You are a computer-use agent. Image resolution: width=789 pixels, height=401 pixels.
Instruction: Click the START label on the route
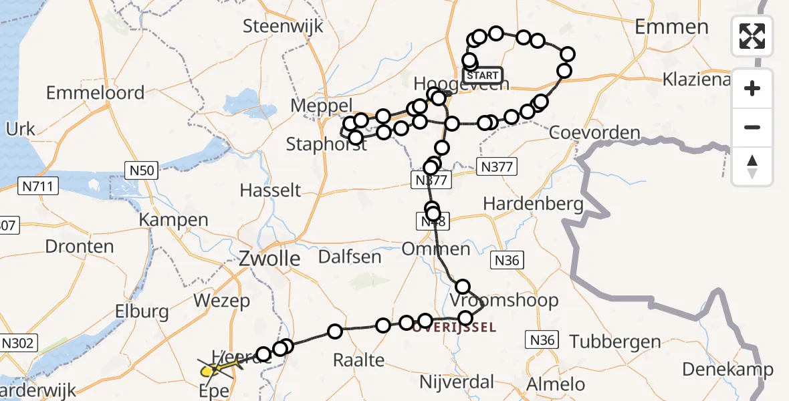pos(482,75)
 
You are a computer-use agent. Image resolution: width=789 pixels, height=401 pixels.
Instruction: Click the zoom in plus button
pos(752,88)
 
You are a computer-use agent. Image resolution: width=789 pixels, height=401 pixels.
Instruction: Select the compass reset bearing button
pos(752,166)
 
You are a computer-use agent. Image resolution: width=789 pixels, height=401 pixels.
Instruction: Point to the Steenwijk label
pos(283,27)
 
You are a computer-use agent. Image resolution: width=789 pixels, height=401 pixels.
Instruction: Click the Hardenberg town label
pos(533,203)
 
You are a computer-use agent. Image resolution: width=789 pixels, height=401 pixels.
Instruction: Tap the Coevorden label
pos(594,132)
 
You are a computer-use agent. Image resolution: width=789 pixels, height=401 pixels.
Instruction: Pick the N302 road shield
pos(18,344)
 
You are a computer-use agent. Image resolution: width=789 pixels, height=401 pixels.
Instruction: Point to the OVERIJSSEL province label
pos(454,327)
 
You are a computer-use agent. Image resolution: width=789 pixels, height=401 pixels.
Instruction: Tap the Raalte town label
pos(359,360)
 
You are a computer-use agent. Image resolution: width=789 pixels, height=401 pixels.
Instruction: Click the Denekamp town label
pos(727,369)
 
